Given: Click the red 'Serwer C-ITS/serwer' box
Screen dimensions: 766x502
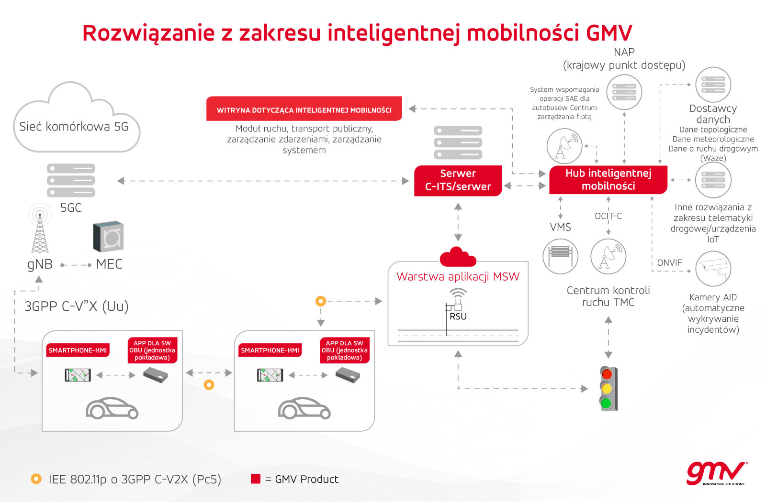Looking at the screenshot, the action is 458,181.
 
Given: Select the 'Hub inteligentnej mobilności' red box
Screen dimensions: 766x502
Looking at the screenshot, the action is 608,180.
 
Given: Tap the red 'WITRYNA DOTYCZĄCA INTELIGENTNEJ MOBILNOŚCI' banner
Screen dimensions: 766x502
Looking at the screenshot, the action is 304,109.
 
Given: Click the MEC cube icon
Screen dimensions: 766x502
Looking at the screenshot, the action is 108,236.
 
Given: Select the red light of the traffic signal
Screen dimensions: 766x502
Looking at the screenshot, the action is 607,374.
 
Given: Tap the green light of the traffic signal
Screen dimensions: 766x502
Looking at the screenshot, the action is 606,403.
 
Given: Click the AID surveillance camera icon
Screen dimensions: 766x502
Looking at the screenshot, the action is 713,269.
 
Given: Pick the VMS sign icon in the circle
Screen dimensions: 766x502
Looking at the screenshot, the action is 560,256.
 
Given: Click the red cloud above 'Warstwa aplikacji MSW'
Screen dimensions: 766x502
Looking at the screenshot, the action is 458,257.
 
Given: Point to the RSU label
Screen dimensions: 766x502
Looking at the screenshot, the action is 458,316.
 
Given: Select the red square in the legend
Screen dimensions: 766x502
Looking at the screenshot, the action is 256,479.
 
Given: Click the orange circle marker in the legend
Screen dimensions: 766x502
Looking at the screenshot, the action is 36,479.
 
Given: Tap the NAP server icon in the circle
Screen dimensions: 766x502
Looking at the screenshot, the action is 624,92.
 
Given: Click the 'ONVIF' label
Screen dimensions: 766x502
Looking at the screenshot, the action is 670,262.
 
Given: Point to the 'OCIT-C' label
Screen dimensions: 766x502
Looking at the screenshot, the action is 608,216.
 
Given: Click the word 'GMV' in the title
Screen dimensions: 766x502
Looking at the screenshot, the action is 609,33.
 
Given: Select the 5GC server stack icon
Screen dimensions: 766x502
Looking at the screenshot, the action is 71,180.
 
